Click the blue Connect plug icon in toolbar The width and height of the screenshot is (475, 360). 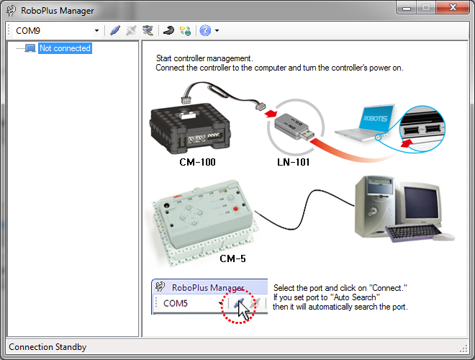click(115, 31)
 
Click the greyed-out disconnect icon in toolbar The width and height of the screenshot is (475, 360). click(131, 31)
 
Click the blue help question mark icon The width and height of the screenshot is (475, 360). click(205, 31)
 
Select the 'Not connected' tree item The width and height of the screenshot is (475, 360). click(65, 48)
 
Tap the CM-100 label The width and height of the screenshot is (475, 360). click(197, 162)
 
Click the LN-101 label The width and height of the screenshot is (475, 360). click(293, 162)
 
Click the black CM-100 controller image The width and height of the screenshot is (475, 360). click(191, 126)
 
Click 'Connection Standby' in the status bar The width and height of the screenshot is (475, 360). click(47, 347)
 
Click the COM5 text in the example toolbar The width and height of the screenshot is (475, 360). click(176, 303)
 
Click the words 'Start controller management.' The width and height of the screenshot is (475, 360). click(204, 58)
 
